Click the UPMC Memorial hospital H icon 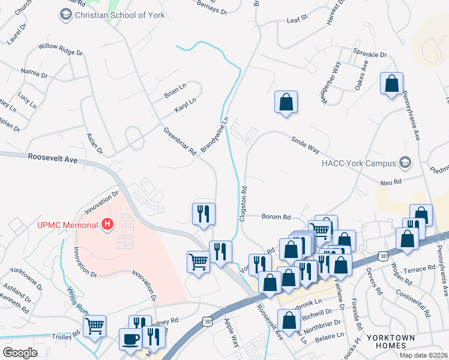pyautogui.click(x=107, y=225)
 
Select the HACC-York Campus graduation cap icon pyautogui.click(x=406, y=163)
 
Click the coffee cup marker pyautogui.click(x=130, y=339)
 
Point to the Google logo pyautogui.click(x=20, y=353)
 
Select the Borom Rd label pyautogui.click(x=276, y=217)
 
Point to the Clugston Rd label pyautogui.click(x=244, y=203)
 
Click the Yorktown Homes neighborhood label pyautogui.click(x=394, y=341)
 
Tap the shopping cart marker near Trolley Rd pyautogui.click(x=94, y=326)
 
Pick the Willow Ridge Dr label pyautogui.click(x=60, y=49)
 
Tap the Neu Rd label pyautogui.click(x=390, y=182)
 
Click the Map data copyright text pyautogui.click(x=424, y=355)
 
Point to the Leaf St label pyautogui.click(x=297, y=19)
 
